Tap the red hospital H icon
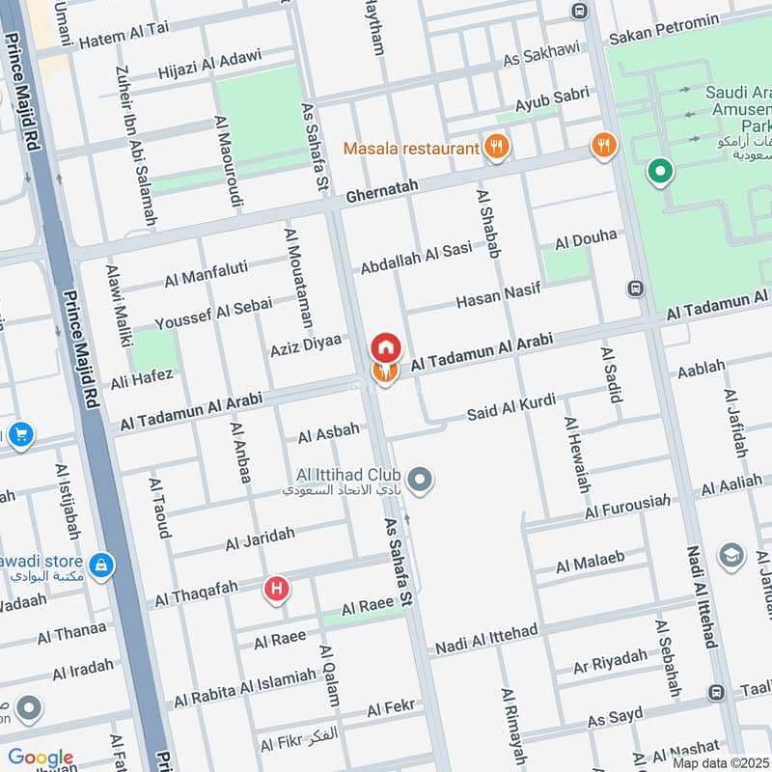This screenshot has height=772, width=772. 278,588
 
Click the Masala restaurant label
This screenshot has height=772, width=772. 412,149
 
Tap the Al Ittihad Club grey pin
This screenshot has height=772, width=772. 420,478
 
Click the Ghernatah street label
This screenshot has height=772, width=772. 377,193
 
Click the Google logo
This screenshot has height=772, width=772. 41,758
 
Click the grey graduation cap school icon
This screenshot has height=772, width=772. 731,556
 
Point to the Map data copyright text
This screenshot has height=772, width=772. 721,762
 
